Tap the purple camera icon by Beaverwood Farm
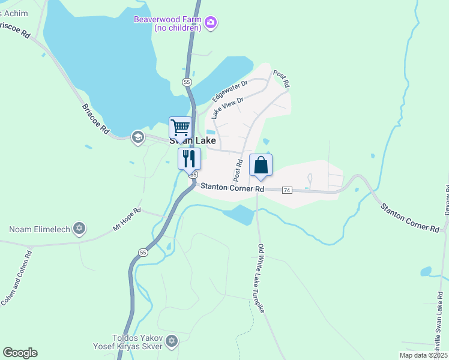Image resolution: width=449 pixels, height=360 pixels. (x=211, y=23)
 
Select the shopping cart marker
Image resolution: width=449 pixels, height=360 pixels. (x=180, y=127)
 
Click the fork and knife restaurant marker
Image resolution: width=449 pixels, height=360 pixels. (x=189, y=158)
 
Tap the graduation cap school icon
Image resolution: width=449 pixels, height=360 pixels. (x=137, y=137)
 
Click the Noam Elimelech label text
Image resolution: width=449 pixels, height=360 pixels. (x=40, y=229)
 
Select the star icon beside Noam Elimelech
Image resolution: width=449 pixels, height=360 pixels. (x=79, y=229)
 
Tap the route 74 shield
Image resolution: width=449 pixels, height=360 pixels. (x=286, y=190)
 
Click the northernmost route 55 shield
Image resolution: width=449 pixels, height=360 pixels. (x=187, y=82)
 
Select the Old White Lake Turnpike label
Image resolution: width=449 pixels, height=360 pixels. (x=262, y=277)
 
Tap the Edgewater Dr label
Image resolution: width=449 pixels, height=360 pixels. (x=230, y=91)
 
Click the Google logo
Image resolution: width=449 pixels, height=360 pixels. (x=20, y=353)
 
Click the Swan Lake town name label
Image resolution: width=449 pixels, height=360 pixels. (x=192, y=141)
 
